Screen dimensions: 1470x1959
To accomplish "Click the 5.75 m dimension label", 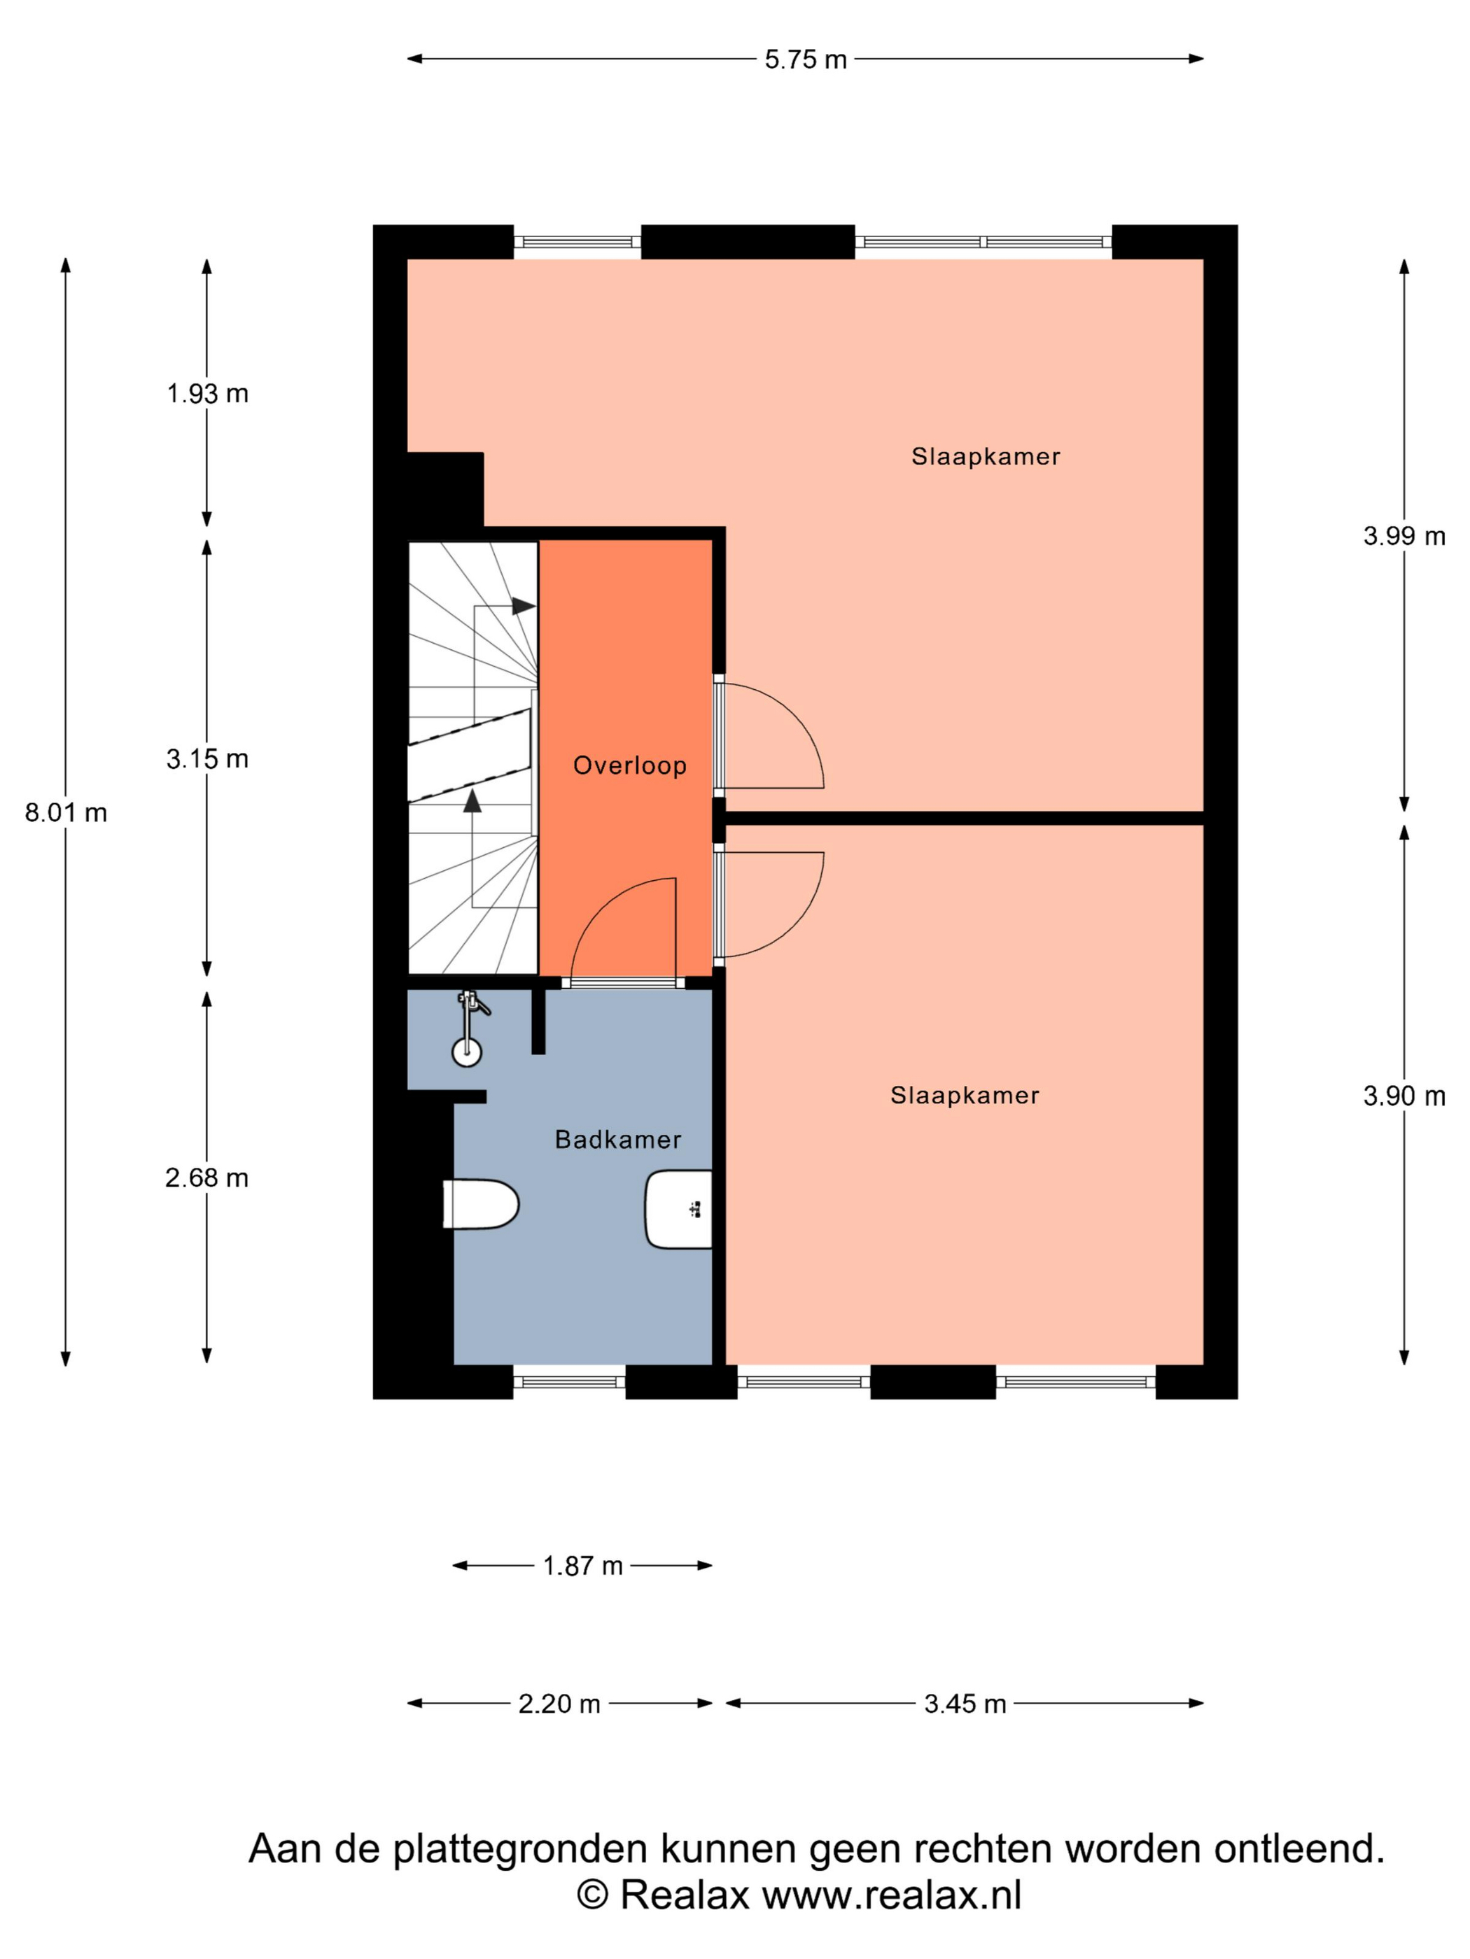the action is pyautogui.click(x=806, y=59).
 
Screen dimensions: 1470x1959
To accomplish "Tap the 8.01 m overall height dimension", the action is pyautogui.click(x=66, y=812).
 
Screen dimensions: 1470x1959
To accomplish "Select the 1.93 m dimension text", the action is pyautogui.click(x=207, y=393).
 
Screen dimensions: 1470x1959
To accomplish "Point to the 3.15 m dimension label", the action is pyautogui.click(x=207, y=758).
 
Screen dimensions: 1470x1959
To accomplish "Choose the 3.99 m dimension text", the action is pyautogui.click(x=1403, y=535).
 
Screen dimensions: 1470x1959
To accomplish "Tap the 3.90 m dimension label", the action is pyautogui.click(x=1403, y=1096).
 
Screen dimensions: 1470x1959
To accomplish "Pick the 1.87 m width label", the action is pyautogui.click(x=582, y=1566).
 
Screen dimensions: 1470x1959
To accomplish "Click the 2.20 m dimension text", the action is pyautogui.click(x=559, y=1703).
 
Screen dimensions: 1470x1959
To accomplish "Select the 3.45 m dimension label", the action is pyautogui.click(x=965, y=1703).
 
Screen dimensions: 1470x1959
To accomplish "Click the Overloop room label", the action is pyautogui.click(x=630, y=765).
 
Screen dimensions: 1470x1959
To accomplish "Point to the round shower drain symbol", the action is pyautogui.click(x=467, y=1052).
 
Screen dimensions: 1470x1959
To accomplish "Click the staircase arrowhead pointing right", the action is pyautogui.click(x=524, y=606).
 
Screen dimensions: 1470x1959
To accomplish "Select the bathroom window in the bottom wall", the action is pyautogui.click(x=570, y=1382).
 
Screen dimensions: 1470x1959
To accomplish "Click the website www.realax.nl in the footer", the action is pyautogui.click(x=891, y=1895).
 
